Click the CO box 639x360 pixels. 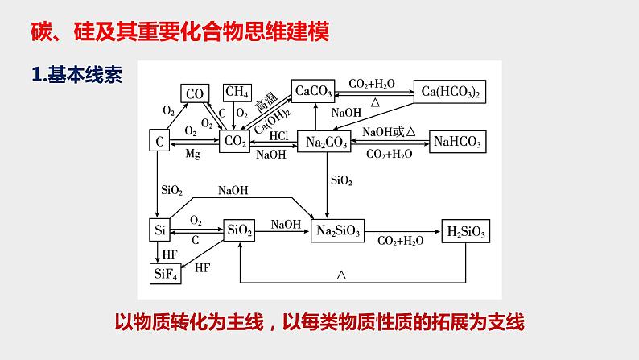pos(194,93)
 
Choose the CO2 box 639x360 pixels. pos(235,142)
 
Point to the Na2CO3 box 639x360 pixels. pos(327,142)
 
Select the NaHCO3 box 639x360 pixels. pos(457,142)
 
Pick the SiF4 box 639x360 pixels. pos(166,273)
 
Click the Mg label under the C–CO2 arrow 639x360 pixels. pos(192,154)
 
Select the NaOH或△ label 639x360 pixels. pos(388,131)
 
